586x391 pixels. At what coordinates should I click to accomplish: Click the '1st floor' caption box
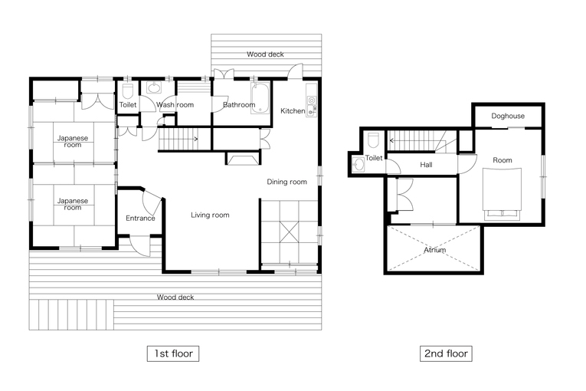173,353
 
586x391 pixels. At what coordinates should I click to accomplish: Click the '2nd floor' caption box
446,353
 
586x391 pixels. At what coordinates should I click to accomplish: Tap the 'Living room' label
210,215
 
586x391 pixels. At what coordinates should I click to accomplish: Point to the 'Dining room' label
286,182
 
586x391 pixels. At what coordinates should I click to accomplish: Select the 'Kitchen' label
293,110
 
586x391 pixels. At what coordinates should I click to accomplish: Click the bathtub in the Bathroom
260,98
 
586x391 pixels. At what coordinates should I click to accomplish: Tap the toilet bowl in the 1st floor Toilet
128,91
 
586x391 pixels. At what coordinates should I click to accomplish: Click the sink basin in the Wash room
154,88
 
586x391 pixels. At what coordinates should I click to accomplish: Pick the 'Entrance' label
140,219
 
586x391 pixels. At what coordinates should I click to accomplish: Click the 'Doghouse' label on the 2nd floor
508,116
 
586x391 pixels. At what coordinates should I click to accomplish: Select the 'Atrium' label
434,250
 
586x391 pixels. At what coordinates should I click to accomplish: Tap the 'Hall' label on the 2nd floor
426,165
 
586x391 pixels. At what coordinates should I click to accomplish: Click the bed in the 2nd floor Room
502,194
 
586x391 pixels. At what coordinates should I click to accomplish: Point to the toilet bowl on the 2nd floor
373,141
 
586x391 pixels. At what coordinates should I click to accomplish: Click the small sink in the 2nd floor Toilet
358,165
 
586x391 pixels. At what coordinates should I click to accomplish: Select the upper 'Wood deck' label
265,54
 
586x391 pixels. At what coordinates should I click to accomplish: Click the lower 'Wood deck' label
175,297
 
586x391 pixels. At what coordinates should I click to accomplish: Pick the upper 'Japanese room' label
73,141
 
